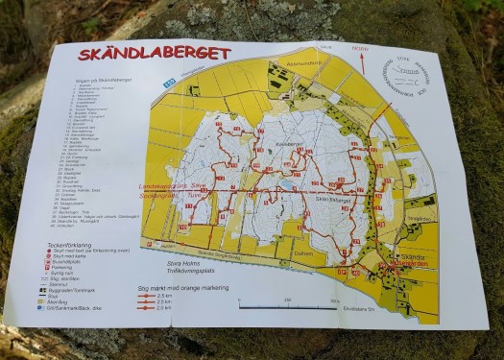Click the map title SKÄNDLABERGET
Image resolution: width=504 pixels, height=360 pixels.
click(154, 55)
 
